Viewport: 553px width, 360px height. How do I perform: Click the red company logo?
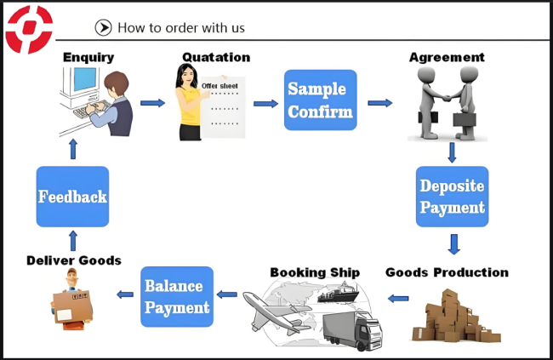(29, 29)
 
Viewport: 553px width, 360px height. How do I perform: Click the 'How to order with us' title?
(180, 27)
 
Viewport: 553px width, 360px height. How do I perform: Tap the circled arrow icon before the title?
(104, 27)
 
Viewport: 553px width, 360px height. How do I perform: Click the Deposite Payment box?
(452, 197)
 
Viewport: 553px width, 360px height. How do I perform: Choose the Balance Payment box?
(176, 296)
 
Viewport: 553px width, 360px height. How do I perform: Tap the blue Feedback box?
(72, 197)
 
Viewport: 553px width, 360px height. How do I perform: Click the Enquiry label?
(88, 57)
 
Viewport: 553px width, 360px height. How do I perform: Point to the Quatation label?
(216, 57)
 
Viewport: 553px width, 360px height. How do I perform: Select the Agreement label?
(447, 57)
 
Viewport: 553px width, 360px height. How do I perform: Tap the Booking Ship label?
(315, 272)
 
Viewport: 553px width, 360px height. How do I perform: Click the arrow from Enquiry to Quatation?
(152, 103)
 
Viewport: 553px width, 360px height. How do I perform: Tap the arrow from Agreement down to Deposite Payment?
(452, 152)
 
